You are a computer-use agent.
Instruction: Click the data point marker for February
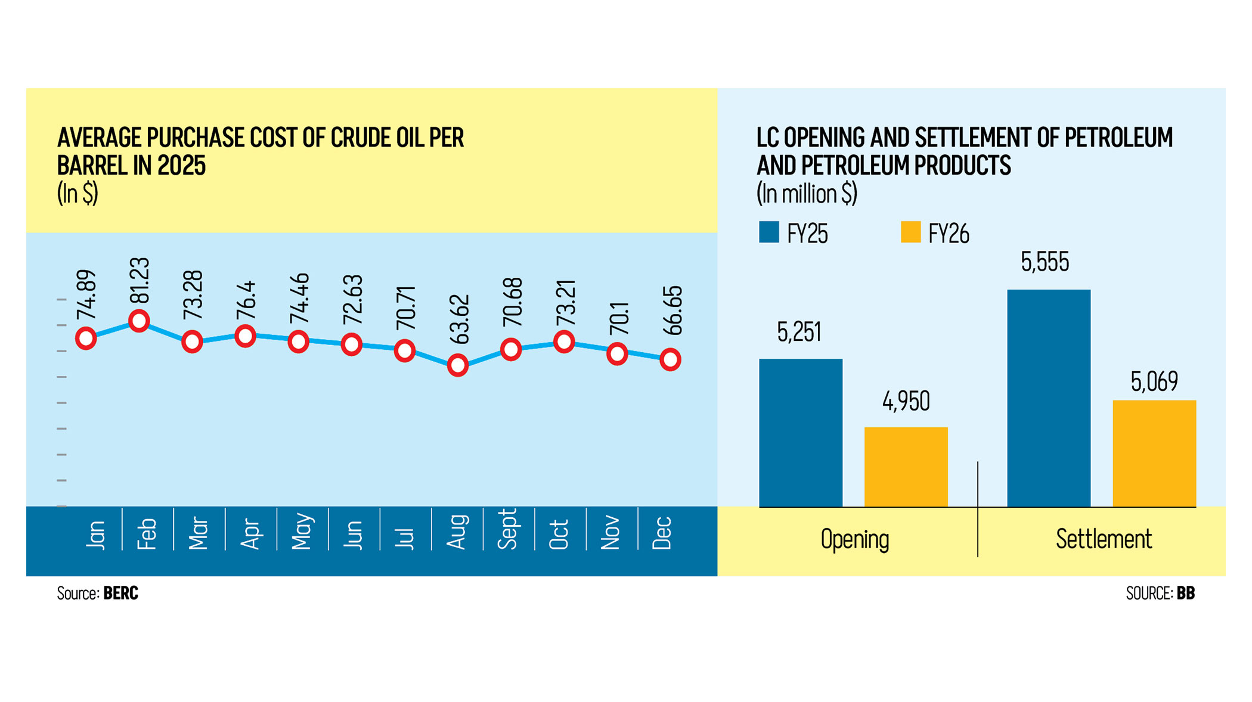click(139, 321)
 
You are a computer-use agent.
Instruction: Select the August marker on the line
click(458, 365)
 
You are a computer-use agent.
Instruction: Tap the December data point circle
click(671, 359)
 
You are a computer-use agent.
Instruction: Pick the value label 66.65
click(673, 310)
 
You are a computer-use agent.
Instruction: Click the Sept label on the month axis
click(508, 529)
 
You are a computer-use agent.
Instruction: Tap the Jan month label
click(95, 534)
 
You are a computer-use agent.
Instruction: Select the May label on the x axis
click(302, 531)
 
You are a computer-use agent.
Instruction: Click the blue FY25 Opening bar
click(801, 433)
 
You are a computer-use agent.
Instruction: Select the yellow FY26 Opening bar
click(906, 467)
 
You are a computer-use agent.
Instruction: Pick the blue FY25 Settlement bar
click(1049, 398)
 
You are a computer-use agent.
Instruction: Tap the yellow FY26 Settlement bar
click(1154, 453)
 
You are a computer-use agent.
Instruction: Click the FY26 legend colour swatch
click(910, 232)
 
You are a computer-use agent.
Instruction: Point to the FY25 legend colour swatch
click(769, 232)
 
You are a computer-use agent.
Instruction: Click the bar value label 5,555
click(1045, 262)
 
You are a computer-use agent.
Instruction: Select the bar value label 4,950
click(906, 401)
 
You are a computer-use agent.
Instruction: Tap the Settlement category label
click(1104, 539)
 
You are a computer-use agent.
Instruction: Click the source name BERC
click(121, 593)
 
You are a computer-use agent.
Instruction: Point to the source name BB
click(1186, 593)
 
